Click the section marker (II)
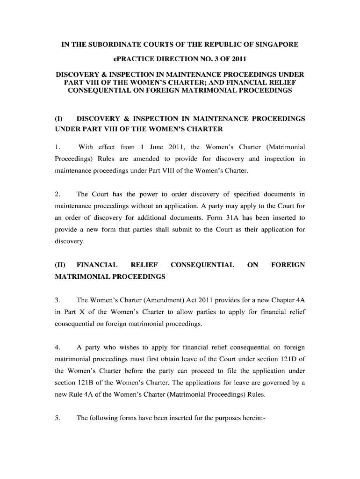[x=60, y=265]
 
